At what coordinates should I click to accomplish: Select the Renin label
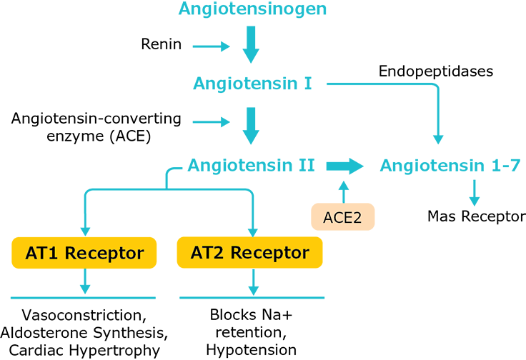[x=162, y=45]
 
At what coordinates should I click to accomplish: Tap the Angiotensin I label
[x=252, y=84]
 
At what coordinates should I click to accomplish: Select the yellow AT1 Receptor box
[x=85, y=253]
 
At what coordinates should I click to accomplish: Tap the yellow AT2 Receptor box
[x=250, y=253]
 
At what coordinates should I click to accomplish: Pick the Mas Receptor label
[x=475, y=216]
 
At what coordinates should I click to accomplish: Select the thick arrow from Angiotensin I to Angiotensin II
[x=252, y=126]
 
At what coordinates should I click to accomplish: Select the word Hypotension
[x=251, y=349]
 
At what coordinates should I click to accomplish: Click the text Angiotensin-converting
[x=96, y=118]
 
